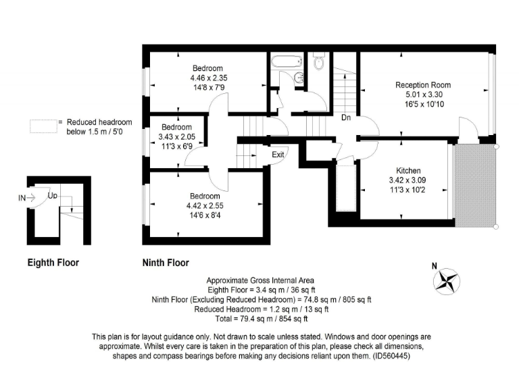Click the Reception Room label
tap(423, 85)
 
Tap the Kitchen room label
tap(409, 171)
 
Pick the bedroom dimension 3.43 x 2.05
tap(175, 137)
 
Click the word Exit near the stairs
tap(278, 155)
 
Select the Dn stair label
tap(345, 116)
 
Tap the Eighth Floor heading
tap(53, 262)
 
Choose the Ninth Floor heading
tap(166, 262)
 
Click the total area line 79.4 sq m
tap(259, 317)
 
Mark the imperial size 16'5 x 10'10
tap(423, 104)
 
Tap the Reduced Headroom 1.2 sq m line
tap(259, 309)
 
